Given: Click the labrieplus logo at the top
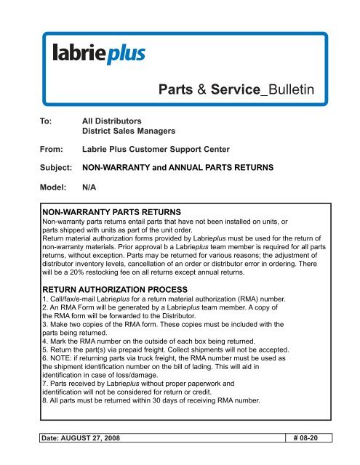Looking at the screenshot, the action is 99,52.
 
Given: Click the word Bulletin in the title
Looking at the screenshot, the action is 287,90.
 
